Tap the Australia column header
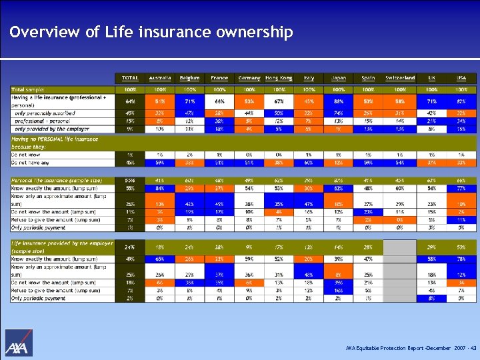(x=160, y=78)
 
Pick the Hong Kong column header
(x=279, y=78)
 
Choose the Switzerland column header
(x=400, y=78)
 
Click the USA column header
(x=461, y=78)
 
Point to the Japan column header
(x=339, y=78)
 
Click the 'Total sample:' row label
(x=29, y=89)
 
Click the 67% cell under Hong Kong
(x=279, y=101)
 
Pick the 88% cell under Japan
(x=339, y=101)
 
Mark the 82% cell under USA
(x=461, y=101)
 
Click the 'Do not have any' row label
(x=32, y=162)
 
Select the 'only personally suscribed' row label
(x=44, y=113)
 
